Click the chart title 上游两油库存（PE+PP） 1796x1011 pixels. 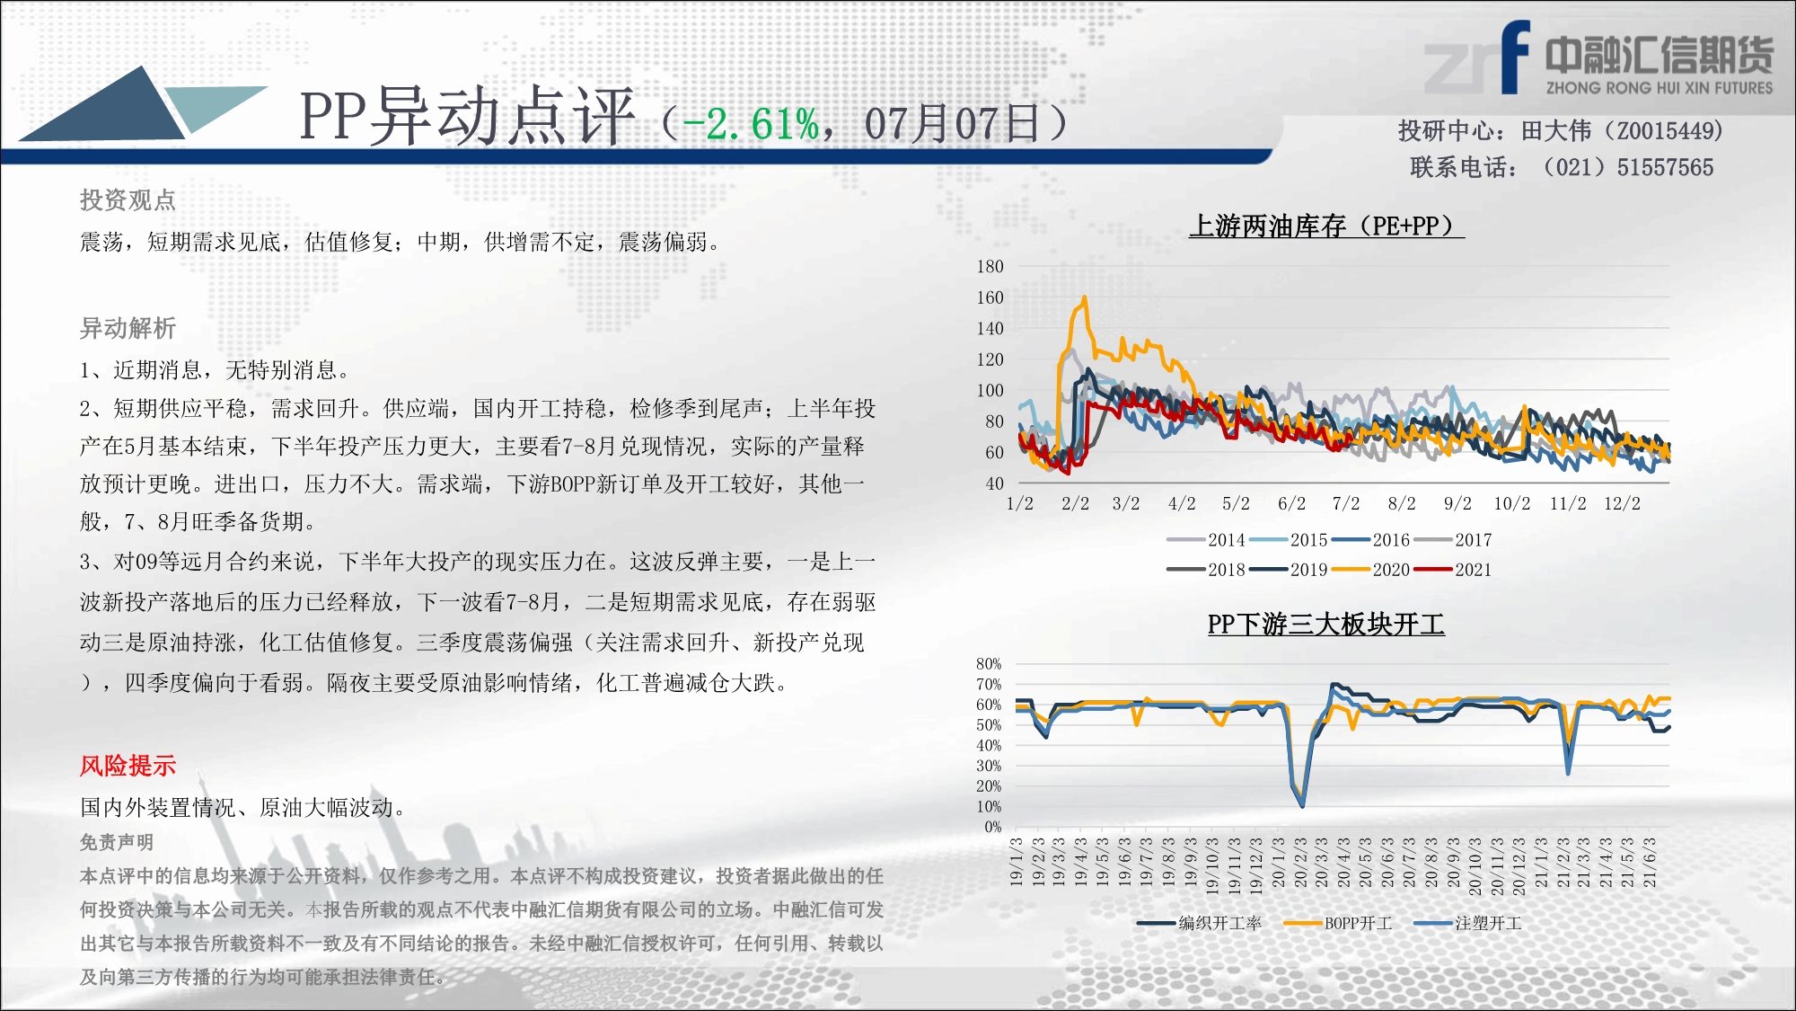tap(1326, 226)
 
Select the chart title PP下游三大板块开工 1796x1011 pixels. tap(1326, 625)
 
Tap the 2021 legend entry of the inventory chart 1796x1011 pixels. tap(1452, 570)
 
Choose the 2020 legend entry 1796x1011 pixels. tap(1370, 570)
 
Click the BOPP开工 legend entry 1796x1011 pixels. tap(1338, 923)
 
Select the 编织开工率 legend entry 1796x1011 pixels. tap(1199, 923)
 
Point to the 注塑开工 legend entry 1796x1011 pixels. tap(1468, 923)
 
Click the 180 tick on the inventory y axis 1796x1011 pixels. tap(990, 266)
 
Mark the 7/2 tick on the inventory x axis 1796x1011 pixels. tap(1346, 503)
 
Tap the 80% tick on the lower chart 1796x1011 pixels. tap(989, 664)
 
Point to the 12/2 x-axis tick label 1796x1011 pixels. tap(1622, 503)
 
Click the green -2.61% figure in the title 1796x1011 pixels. tap(751, 124)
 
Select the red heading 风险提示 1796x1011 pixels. tap(128, 766)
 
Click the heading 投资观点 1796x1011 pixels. tap(128, 200)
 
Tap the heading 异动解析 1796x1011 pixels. tap(128, 328)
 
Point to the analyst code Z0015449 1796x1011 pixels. tap(1665, 131)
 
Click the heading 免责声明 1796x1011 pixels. tap(117, 842)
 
